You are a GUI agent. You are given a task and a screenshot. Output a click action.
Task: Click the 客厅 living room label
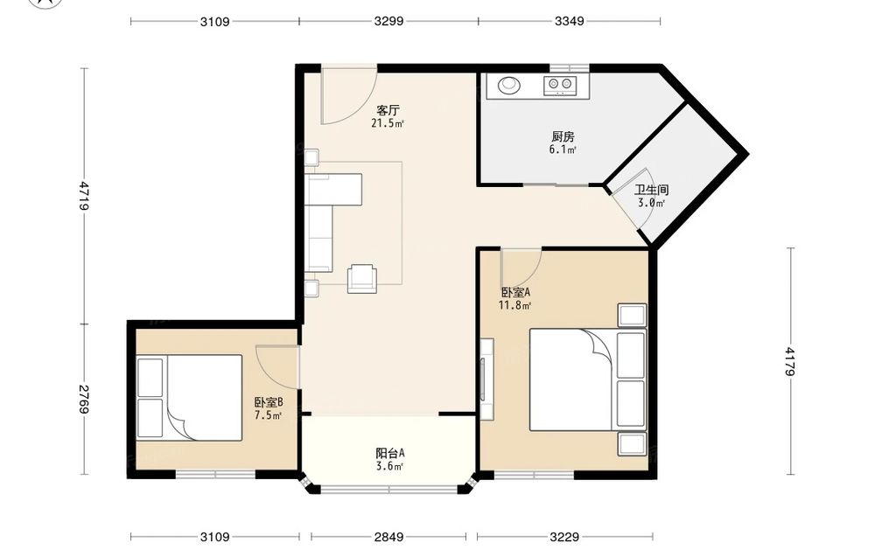tap(388, 110)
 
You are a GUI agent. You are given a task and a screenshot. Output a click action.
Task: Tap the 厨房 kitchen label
tap(563, 136)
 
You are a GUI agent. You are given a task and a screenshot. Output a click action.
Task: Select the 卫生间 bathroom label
tap(651, 190)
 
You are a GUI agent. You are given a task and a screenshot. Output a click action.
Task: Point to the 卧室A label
tap(515, 292)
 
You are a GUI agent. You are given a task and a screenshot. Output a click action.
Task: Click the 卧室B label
tap(269, 402)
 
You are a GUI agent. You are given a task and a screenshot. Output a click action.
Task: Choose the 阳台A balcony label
tap(389, 453)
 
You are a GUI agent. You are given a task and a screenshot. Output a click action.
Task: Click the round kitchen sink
tap(508, 85)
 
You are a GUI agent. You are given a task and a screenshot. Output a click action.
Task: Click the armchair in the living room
tap(362, 278)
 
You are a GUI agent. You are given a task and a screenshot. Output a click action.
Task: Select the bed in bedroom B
tap(190, 398)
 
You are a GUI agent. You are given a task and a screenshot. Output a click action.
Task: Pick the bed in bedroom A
tap(588, 379)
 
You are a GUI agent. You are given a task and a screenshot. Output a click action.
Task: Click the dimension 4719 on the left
tap(84, 195)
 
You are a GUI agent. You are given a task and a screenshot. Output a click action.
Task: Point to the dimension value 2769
tap(84, 400)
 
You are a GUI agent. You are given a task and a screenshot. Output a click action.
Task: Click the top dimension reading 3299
tap(389, 21)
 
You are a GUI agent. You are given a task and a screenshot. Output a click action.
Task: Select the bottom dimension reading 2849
tap(389, 537)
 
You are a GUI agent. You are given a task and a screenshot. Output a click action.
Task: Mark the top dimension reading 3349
tap(570, 21)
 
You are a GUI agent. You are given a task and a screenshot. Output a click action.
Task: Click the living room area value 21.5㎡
tap(388, 123)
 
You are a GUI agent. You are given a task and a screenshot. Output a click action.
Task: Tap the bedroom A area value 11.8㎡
tap(514, 305)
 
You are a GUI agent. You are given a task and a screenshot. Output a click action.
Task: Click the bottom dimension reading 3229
tap(564, 537)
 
